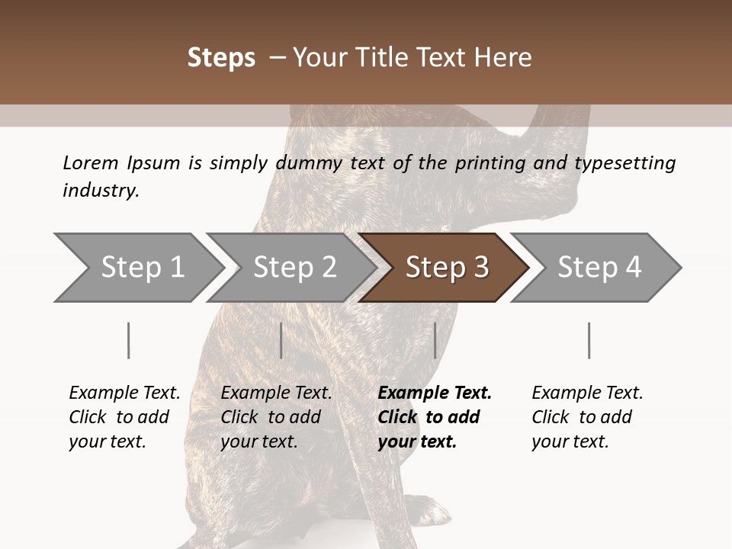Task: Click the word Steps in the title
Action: (221, 58)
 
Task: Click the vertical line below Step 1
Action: (129, 340)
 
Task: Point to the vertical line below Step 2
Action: (281, 340)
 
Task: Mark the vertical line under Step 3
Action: (435, 340)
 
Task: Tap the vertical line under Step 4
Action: (589, 340)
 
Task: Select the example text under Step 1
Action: (124, 417)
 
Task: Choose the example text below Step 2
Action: (276, 417)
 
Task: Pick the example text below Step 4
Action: (587, 417)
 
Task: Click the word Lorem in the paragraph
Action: (91, 162)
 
